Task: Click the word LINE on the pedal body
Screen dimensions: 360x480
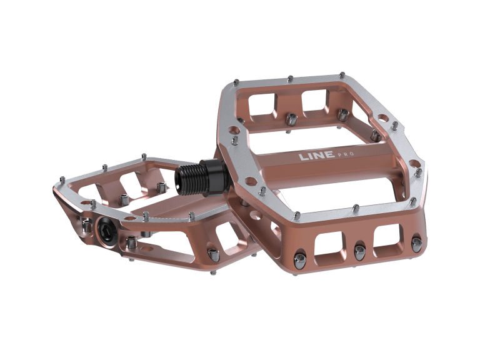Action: (315, 156)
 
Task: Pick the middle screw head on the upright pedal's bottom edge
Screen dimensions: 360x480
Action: (359, 251)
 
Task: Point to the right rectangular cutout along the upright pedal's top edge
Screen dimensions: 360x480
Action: (314, 100)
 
